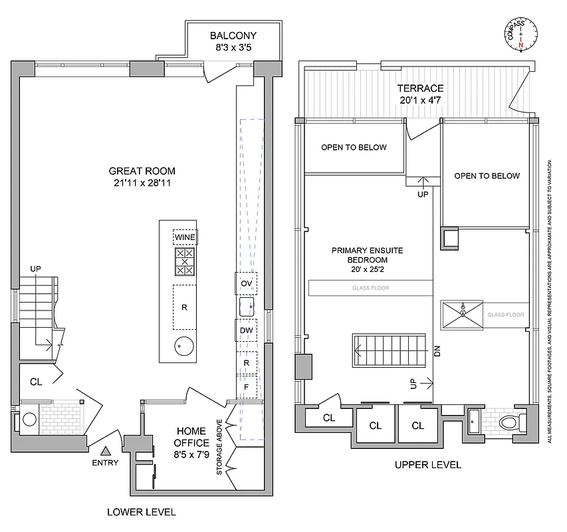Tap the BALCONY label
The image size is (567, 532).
point(233,36)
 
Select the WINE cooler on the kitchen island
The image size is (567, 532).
point(184,237)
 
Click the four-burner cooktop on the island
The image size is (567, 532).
point(184,261)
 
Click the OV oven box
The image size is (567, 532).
point(247,283)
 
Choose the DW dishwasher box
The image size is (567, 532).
point(247,331)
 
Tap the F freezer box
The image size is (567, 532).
point(247,386)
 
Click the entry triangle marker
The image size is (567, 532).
point(106,452)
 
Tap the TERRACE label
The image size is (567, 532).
point(420,88)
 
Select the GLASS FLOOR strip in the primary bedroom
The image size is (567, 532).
point(370,288)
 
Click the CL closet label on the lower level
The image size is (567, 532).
point(36,382)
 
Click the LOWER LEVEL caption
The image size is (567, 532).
point(142,512)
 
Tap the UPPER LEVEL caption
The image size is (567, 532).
point(428,465)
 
